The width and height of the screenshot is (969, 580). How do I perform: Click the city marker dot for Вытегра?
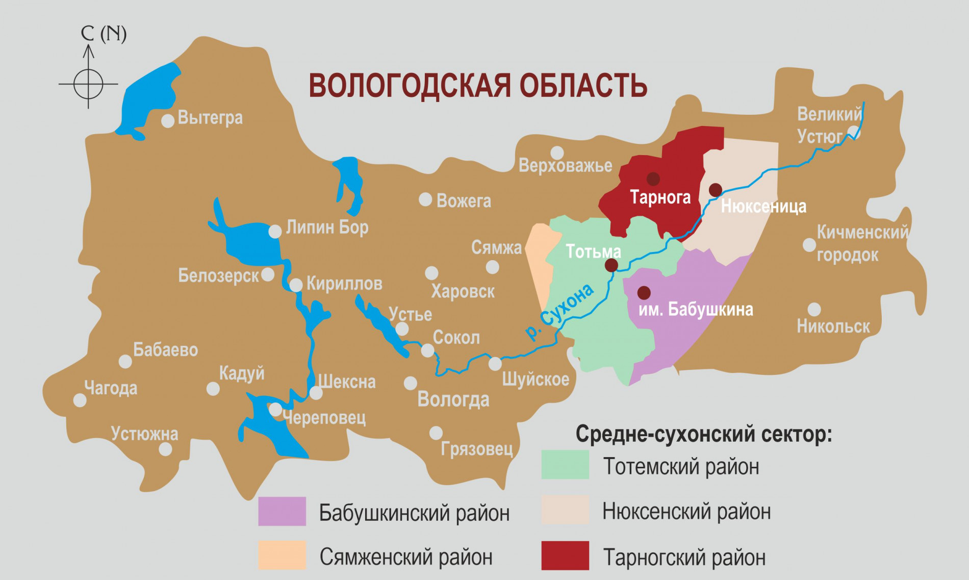point(168,121)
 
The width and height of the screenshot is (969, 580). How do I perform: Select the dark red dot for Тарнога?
point(653,179)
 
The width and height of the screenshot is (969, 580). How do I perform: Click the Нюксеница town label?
point(763,206)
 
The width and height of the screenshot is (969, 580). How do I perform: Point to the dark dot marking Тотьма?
point(611,265)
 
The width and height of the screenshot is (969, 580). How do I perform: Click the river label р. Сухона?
point(559,311)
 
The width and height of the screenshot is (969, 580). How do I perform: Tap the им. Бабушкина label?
point(696,309)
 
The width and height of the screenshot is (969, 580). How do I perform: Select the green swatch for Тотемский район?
point(565,464)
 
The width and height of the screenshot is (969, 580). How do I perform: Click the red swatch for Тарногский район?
point(565,556)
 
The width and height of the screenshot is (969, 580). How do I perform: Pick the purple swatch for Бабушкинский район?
point(282,511)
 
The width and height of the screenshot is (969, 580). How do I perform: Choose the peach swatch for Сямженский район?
point(282,555)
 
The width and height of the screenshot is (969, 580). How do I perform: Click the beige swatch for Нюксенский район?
point(565,510)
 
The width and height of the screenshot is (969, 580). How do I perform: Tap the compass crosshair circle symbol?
point(88,84)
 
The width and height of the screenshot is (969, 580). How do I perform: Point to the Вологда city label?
point(453,399)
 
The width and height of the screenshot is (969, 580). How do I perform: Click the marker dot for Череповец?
point(275,409)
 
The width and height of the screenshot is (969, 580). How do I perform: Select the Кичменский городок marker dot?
point(809,245)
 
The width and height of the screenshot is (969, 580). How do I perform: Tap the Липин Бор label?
point(327,226)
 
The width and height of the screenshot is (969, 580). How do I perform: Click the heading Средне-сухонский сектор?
point(703,434)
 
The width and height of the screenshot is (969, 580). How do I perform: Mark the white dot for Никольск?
point(814,309)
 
